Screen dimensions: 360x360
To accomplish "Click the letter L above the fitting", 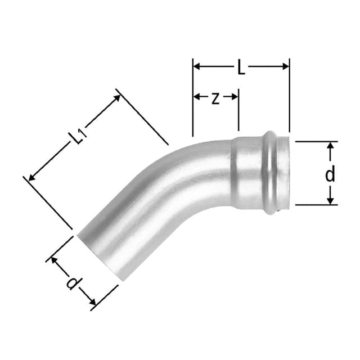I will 241,68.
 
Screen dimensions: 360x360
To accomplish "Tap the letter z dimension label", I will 215,98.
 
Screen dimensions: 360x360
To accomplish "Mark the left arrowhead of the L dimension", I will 196,66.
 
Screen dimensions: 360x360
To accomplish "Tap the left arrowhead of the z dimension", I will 196,97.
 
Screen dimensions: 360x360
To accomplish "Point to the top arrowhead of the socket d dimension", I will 331,145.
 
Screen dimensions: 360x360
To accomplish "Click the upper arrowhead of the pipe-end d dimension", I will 55,260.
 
